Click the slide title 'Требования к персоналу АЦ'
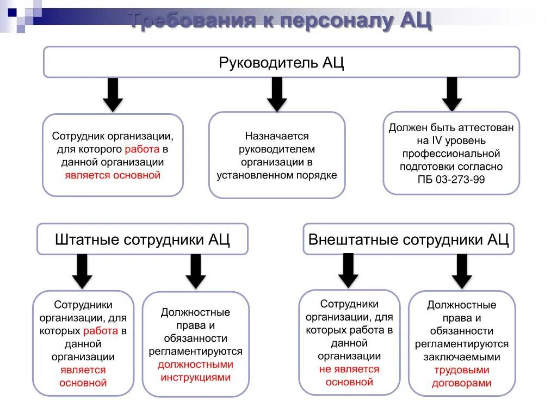point(281,21)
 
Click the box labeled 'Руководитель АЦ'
point(281,62)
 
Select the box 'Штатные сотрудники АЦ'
point(143,239)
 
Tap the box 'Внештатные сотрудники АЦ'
point(409,239)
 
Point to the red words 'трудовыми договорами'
point(461,377)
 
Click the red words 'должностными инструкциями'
point(196,371)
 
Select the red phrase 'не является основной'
point(349,376)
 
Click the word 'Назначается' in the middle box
point(276,136)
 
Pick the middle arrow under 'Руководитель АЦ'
point(277,94)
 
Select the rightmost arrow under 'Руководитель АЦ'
point(451,94)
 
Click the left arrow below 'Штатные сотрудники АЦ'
point(82,271)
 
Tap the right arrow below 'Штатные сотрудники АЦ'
point(196,271)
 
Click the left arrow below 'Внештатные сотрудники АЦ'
point(349,271)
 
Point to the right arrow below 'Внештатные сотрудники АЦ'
point(462,271)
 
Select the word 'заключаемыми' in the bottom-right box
point(461,357)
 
